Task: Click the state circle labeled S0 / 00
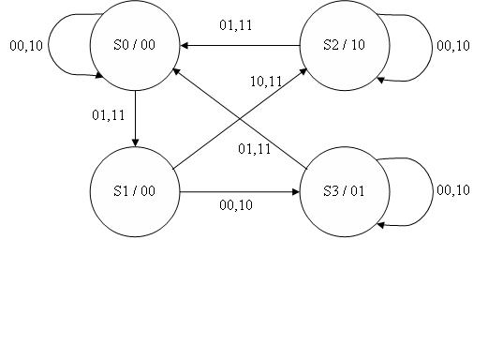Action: click(x=134, y=46)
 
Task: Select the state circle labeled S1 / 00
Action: click(x=134, y=191)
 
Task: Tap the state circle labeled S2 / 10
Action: click(x=344, y=46)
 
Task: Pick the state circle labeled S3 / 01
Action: click(x=344, y=191)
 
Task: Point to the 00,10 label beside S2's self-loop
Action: click(x=453, y=45)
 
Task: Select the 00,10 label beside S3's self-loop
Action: click(x=453, y=190)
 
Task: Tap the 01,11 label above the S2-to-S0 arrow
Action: click(x=236, y=25)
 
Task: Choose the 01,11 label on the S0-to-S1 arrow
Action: click(x=108, y=116)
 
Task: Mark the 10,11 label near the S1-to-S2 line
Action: click(x=266, y=82)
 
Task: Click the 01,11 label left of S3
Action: click(x=254, y=149)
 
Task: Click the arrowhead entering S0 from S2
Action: click(x=185, y=45)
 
